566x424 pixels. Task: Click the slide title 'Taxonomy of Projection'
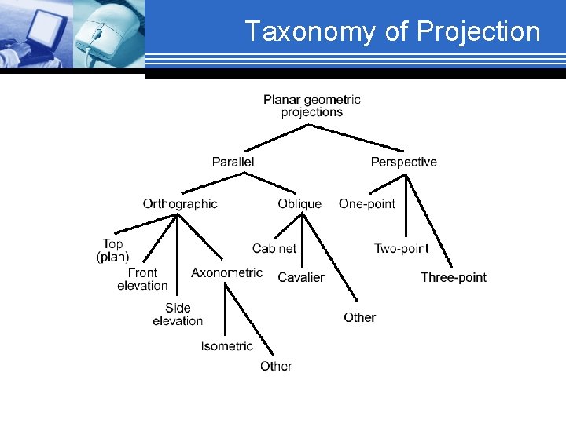392,31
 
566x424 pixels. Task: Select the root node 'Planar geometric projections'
312,105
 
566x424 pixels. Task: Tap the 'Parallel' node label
233,162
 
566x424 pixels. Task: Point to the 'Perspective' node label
403,162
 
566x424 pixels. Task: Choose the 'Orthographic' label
180,203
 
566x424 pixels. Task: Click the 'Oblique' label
300,203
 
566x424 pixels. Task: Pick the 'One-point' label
367,203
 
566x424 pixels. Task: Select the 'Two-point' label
401,248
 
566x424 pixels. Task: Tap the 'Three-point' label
454,277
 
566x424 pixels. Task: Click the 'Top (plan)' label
113,250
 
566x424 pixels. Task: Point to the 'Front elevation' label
142,279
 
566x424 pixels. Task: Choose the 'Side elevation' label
178,314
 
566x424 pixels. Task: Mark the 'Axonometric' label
226,272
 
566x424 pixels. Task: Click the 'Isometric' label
226,346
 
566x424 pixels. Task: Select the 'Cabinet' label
274,248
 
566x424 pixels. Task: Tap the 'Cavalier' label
301,277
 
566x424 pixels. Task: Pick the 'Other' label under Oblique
359,317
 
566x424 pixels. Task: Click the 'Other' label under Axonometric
276,366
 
